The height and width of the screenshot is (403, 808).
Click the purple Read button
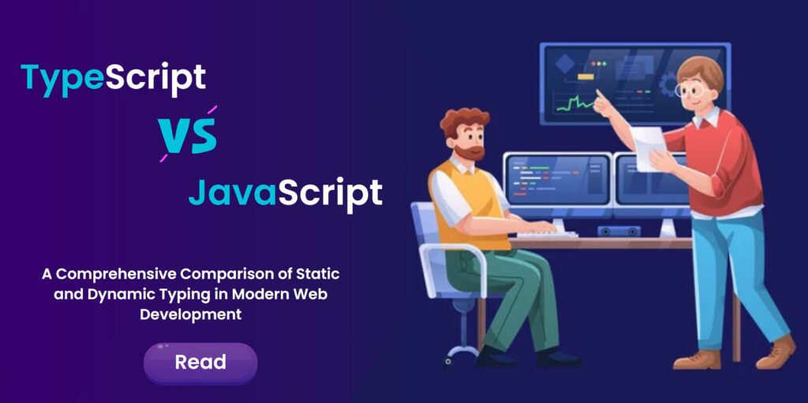click(x=200, y=363)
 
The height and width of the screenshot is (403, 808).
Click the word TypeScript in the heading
click(x=113, y=78)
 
